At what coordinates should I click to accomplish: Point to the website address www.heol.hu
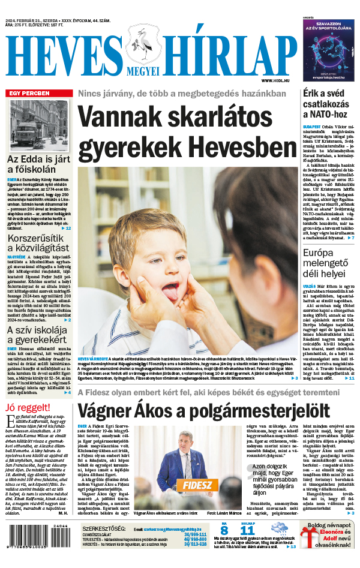point(276,80)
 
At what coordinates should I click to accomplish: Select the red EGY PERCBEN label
point(28,93)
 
